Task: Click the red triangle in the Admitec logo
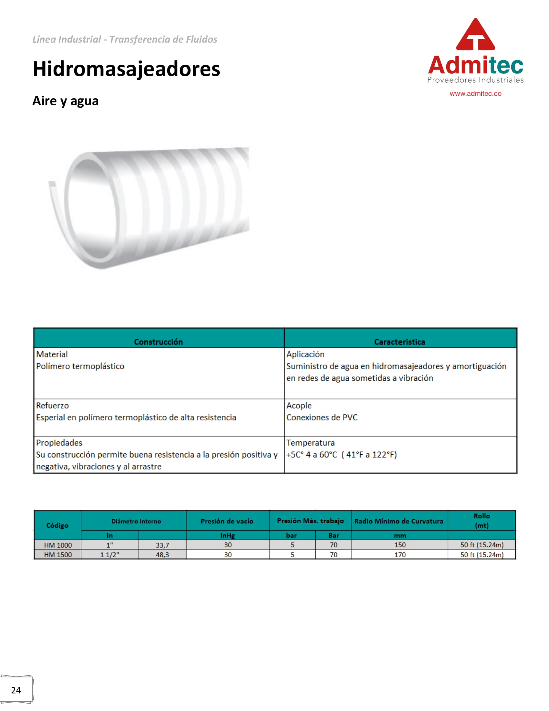coord(475,35)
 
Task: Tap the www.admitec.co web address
coord(475,93)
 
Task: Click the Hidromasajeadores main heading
coord(126,69)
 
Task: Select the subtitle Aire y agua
coord(65,101)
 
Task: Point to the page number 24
coord(16,690)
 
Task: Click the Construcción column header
coord(158,342)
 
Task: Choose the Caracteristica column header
coord(399,342)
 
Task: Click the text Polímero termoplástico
coord(80,366)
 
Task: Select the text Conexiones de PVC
coord(322,417)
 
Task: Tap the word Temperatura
coord(310,443)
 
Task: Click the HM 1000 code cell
coord(58,545)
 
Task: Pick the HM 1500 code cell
coord(58,555)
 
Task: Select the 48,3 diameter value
coord(162,555)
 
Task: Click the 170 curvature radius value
coord(400,555)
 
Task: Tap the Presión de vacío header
coord(227,521)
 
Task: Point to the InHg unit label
coord(227,536)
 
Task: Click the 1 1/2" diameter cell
coord(109,555)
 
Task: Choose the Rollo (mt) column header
coord(482,521)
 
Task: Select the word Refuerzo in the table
coord(52,406)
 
